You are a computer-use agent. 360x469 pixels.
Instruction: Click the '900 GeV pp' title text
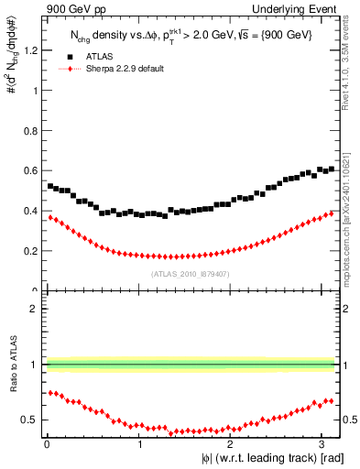[x=72, y=10]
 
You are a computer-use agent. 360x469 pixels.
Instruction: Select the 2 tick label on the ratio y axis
[x=34, y=309]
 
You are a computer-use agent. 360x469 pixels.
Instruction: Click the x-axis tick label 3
[x=326, y=444]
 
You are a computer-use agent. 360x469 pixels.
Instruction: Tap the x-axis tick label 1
[x=139, y=444]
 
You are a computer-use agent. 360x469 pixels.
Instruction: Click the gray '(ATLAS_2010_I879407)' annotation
[x=190, y=273]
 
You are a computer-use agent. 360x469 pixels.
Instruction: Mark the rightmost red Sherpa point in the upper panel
[x=332, y=213]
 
